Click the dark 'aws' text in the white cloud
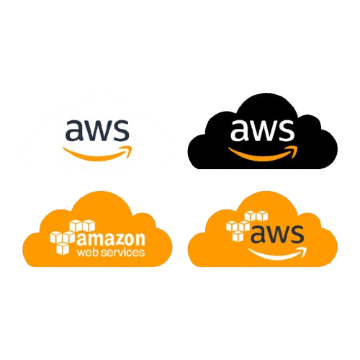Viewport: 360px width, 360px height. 97,130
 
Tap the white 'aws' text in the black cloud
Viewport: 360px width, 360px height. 262,130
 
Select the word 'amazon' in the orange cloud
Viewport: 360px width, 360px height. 111,239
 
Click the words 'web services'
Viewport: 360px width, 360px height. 111,252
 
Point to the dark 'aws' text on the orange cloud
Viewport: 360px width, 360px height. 277,234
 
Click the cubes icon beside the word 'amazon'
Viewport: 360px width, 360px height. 73,237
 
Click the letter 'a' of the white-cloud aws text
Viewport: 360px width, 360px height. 74,131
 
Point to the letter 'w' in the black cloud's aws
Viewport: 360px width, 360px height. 264,131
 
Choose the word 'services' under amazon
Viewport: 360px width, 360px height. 122,253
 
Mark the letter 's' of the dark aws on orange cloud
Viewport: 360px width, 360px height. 297,234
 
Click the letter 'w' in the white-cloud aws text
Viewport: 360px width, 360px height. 99,131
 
